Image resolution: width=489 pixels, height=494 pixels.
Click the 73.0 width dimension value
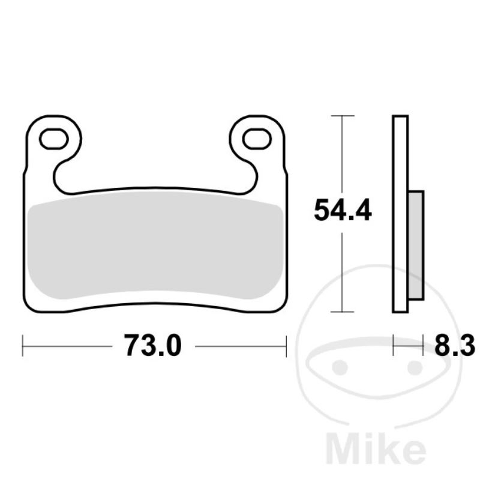[x=152, y=346]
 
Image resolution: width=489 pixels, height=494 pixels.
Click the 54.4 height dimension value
[x=343, y=211]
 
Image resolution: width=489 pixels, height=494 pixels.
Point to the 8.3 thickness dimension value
[x=454, y=346]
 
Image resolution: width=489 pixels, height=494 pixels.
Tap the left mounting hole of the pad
[x=53, y=139]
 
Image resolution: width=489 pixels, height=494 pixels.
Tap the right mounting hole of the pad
[x=256, y=139]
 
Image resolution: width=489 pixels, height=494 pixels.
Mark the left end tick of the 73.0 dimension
[x=23, y=346]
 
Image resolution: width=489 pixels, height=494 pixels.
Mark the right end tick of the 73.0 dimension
[x=286, y=346]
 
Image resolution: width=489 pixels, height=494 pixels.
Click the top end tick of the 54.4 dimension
[x=342, y=115]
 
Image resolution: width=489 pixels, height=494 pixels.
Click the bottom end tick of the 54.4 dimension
[x=342, y=312]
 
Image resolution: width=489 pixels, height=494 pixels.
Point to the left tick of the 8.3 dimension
[x=394, y=346]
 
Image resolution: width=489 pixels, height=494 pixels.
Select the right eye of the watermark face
[x=413, y=366]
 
